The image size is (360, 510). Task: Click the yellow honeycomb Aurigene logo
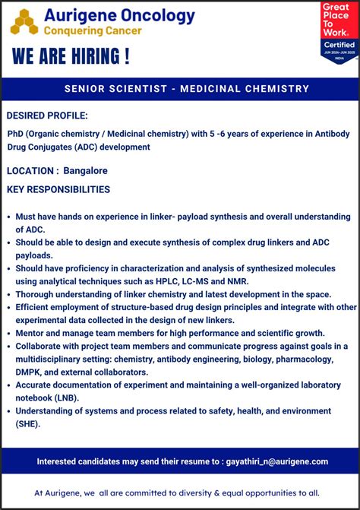[x=24, y=22]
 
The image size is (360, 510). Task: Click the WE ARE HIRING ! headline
[x=71, y=57]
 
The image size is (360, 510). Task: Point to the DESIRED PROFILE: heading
[x=47, y=116]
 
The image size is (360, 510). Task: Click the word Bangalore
[x=85, y=170]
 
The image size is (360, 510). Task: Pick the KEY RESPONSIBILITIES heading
[x=58, y=189]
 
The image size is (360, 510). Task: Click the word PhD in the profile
[x=15, y=134]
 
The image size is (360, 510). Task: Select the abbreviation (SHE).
[x=28, y=423]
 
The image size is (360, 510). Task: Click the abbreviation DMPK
[x=30, y=372]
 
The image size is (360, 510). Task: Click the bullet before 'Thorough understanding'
[x=8, y=294]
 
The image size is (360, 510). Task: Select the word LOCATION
[x=30, y=170]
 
